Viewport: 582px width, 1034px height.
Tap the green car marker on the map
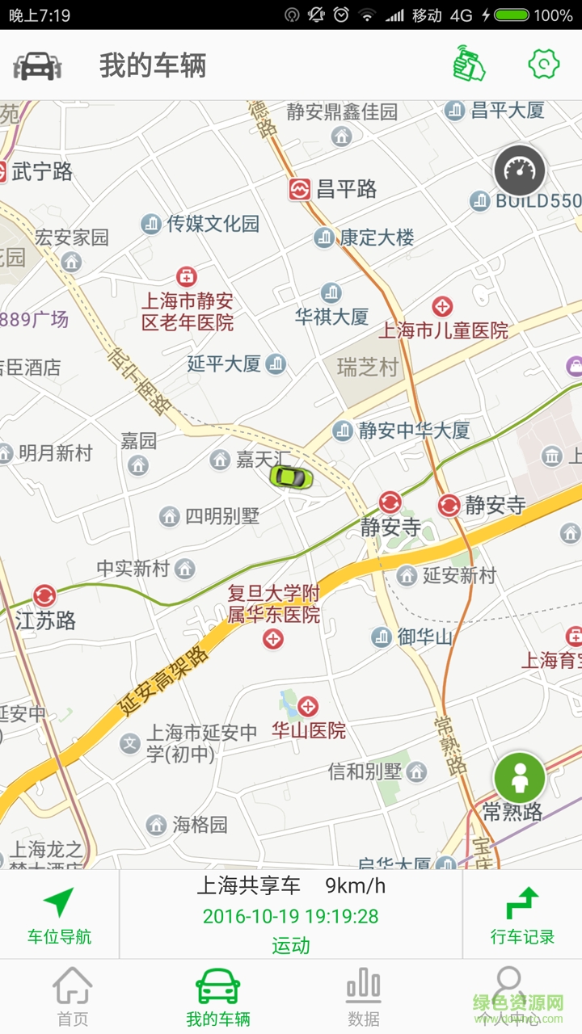pos(291,477)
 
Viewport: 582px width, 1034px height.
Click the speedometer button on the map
pos(520,170)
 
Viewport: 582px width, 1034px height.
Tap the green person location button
pos(520,778)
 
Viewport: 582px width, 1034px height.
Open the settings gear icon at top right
pos(544,65)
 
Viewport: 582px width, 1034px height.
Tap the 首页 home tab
pos(73,997)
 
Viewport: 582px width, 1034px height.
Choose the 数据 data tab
pos(364,997)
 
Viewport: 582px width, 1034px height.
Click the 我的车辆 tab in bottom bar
pos(218,997)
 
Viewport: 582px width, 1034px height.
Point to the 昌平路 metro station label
pos(346,190)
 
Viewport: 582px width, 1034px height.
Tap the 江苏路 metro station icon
pos(44,596)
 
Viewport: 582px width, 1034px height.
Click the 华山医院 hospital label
pos(309,730)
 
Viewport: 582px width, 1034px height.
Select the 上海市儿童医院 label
pos(444,330)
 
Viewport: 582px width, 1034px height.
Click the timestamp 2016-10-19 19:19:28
pos(290,916)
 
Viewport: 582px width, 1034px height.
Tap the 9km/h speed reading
pos(356,886)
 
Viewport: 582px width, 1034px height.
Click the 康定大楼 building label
pos(376,237)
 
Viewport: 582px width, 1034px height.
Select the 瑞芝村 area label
pos(368,368)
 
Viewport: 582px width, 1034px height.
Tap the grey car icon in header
pos(37,65)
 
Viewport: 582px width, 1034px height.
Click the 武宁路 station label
pos(42,171)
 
